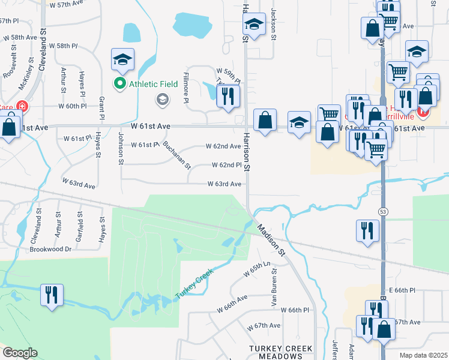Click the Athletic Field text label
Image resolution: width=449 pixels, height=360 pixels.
click(x=153, y=84)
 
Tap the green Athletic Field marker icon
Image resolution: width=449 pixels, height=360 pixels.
click(x=120, y=84)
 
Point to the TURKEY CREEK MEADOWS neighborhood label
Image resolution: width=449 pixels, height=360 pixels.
click(x=282, y=352)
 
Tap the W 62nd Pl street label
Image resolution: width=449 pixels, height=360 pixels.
click(x=226, y=165)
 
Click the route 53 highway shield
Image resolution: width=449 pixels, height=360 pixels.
click(x=382, y=212)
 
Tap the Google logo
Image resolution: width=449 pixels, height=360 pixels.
click(x=20, y=353)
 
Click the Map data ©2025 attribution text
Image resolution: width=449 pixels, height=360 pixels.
click(x=424, y=355)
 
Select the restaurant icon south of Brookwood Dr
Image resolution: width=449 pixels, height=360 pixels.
click(x=51, y=295)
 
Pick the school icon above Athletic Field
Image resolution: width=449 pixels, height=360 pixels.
click(x=122, y=59)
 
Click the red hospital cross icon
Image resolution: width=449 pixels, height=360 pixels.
click(x=22, y=107)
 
